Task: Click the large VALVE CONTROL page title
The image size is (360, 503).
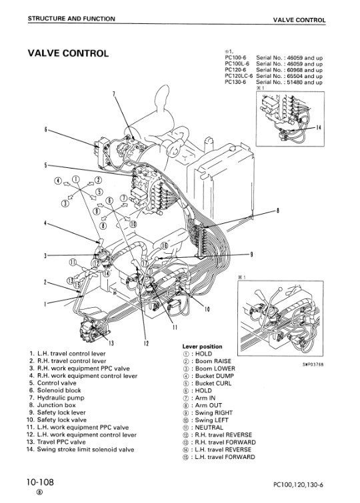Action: point(68,53)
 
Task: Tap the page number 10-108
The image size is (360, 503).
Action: point(40,482)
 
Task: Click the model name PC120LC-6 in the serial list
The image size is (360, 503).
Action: point(239,76)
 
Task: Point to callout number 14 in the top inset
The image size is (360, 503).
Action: point(318,127)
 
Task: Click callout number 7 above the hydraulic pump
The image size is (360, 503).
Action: point(114,94)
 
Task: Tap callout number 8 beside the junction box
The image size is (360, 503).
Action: point(277,211)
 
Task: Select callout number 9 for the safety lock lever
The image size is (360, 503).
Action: point(251,254)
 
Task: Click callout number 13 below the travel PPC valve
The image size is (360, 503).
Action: point(111,343)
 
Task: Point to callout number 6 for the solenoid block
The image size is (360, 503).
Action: point(45,130)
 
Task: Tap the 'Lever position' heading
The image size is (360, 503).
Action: point(202,346)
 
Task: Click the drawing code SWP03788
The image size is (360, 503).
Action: point(313,364)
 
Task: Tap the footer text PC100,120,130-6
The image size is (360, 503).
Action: point(298,484)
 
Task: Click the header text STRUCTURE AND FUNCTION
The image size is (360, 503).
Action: point(71,19)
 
